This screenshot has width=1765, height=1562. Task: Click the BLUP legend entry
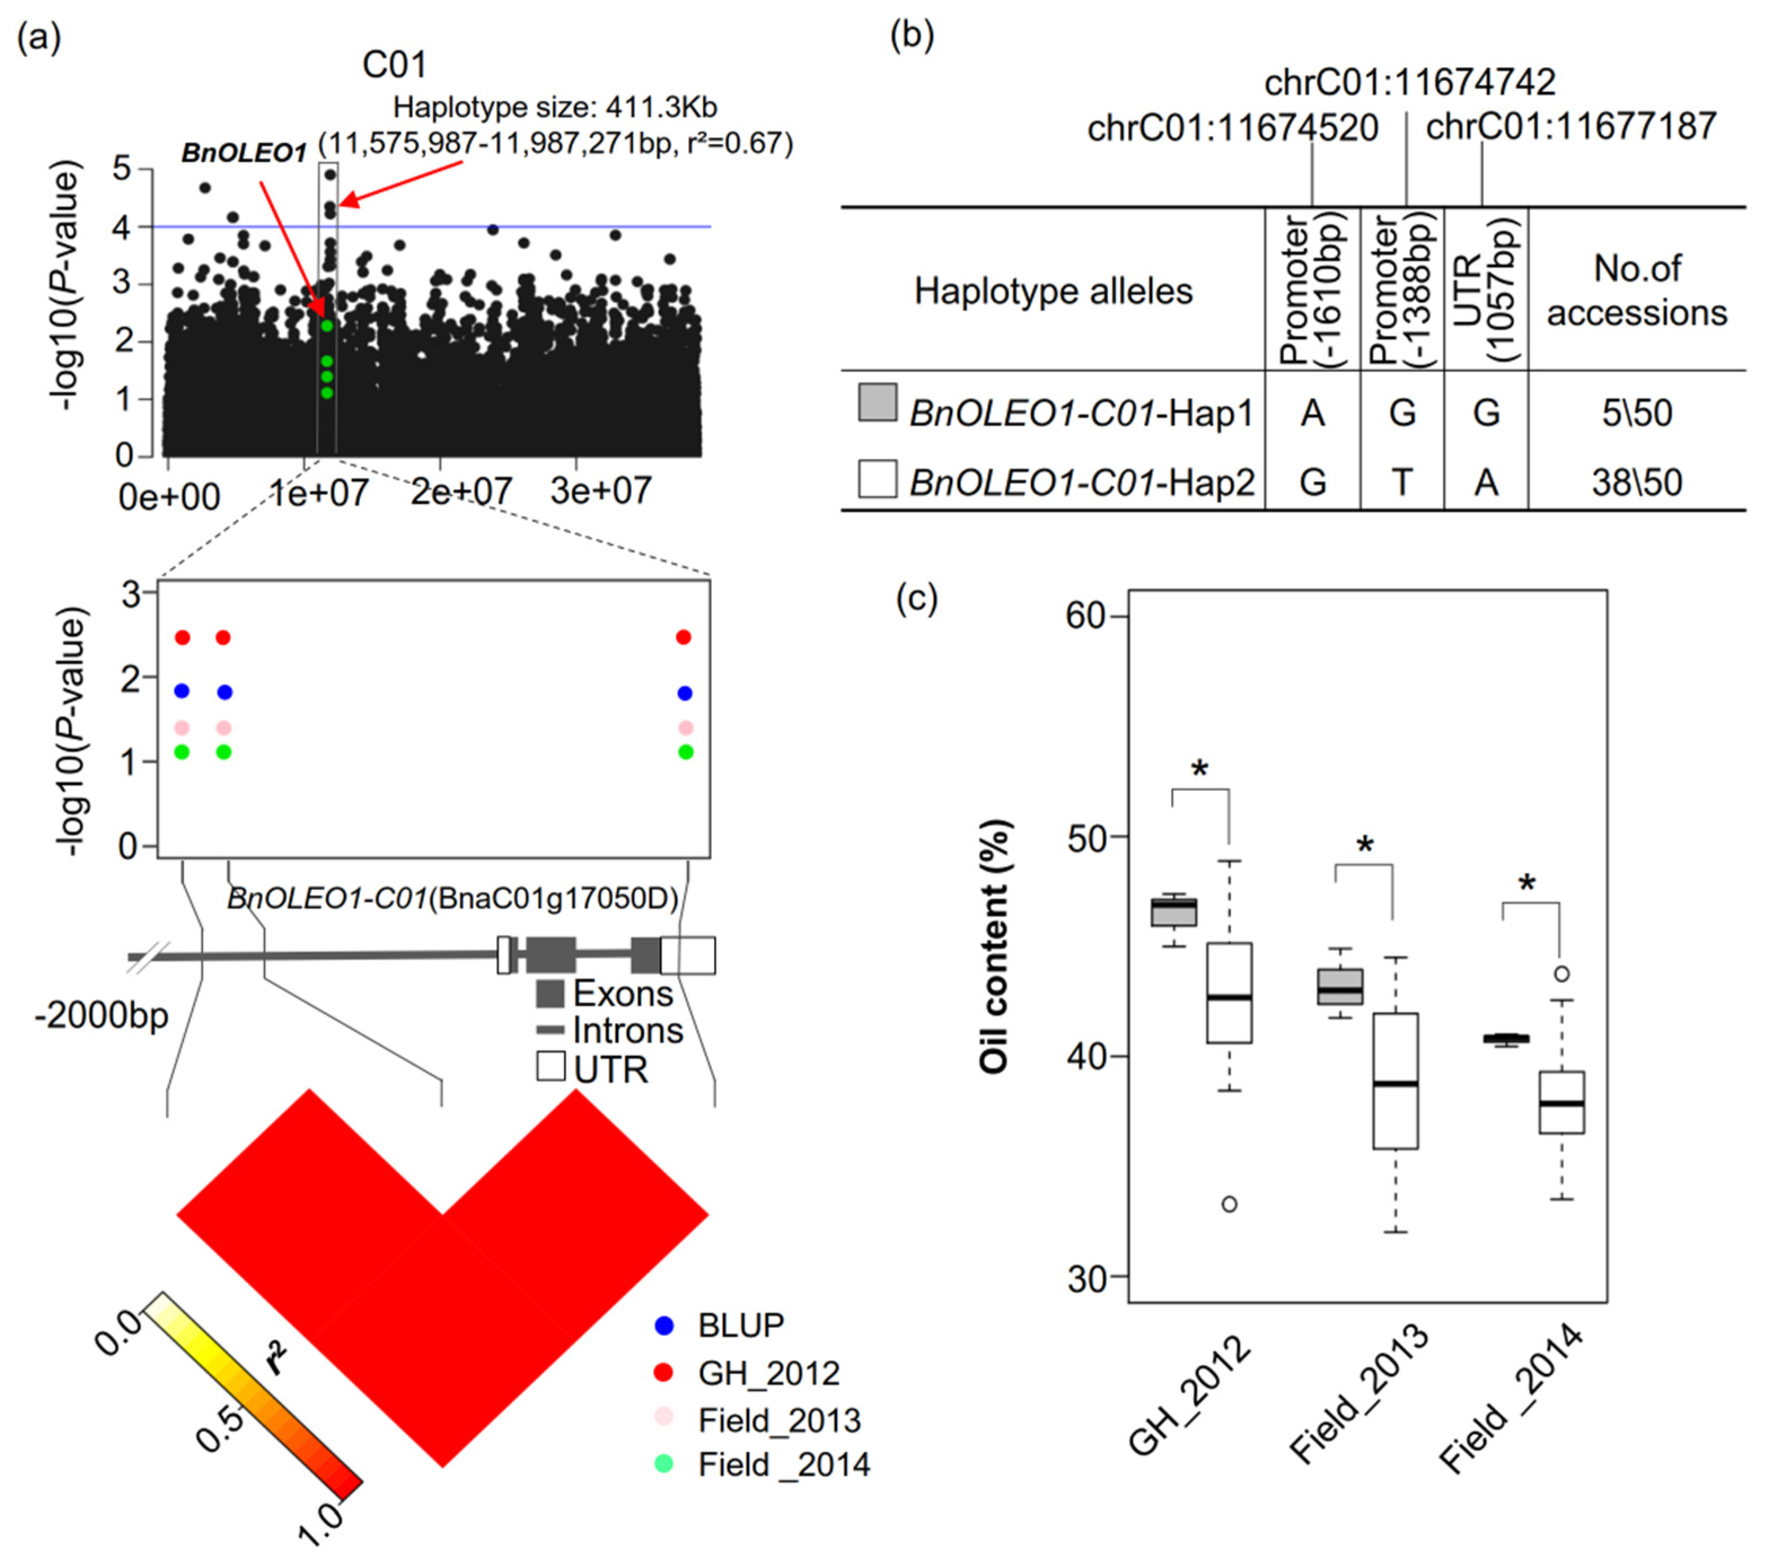[741, 1326]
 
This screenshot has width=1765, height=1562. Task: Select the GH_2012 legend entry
[768, 1373]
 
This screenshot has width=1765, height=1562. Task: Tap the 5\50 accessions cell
[1637, 413]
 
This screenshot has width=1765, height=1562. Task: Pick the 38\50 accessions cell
[1637, 482]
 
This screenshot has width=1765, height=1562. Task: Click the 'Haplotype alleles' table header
[1054, 291]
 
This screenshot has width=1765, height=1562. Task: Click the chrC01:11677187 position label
[1571, 127]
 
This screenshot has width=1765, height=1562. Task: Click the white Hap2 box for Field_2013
[1396, 1080]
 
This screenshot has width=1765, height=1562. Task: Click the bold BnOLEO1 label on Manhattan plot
[244, 153]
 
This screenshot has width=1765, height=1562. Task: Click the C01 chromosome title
[395, 65]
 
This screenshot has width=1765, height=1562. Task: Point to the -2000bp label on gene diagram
[102, 1015]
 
